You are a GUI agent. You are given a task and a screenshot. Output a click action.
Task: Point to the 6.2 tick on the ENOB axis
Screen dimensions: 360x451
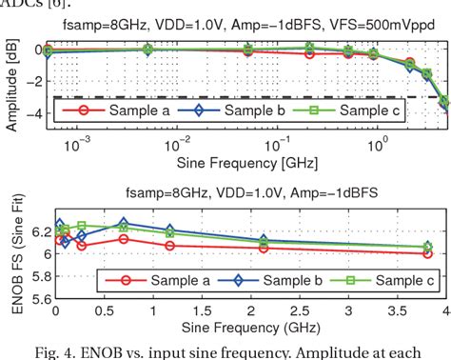(x=36, y=231)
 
